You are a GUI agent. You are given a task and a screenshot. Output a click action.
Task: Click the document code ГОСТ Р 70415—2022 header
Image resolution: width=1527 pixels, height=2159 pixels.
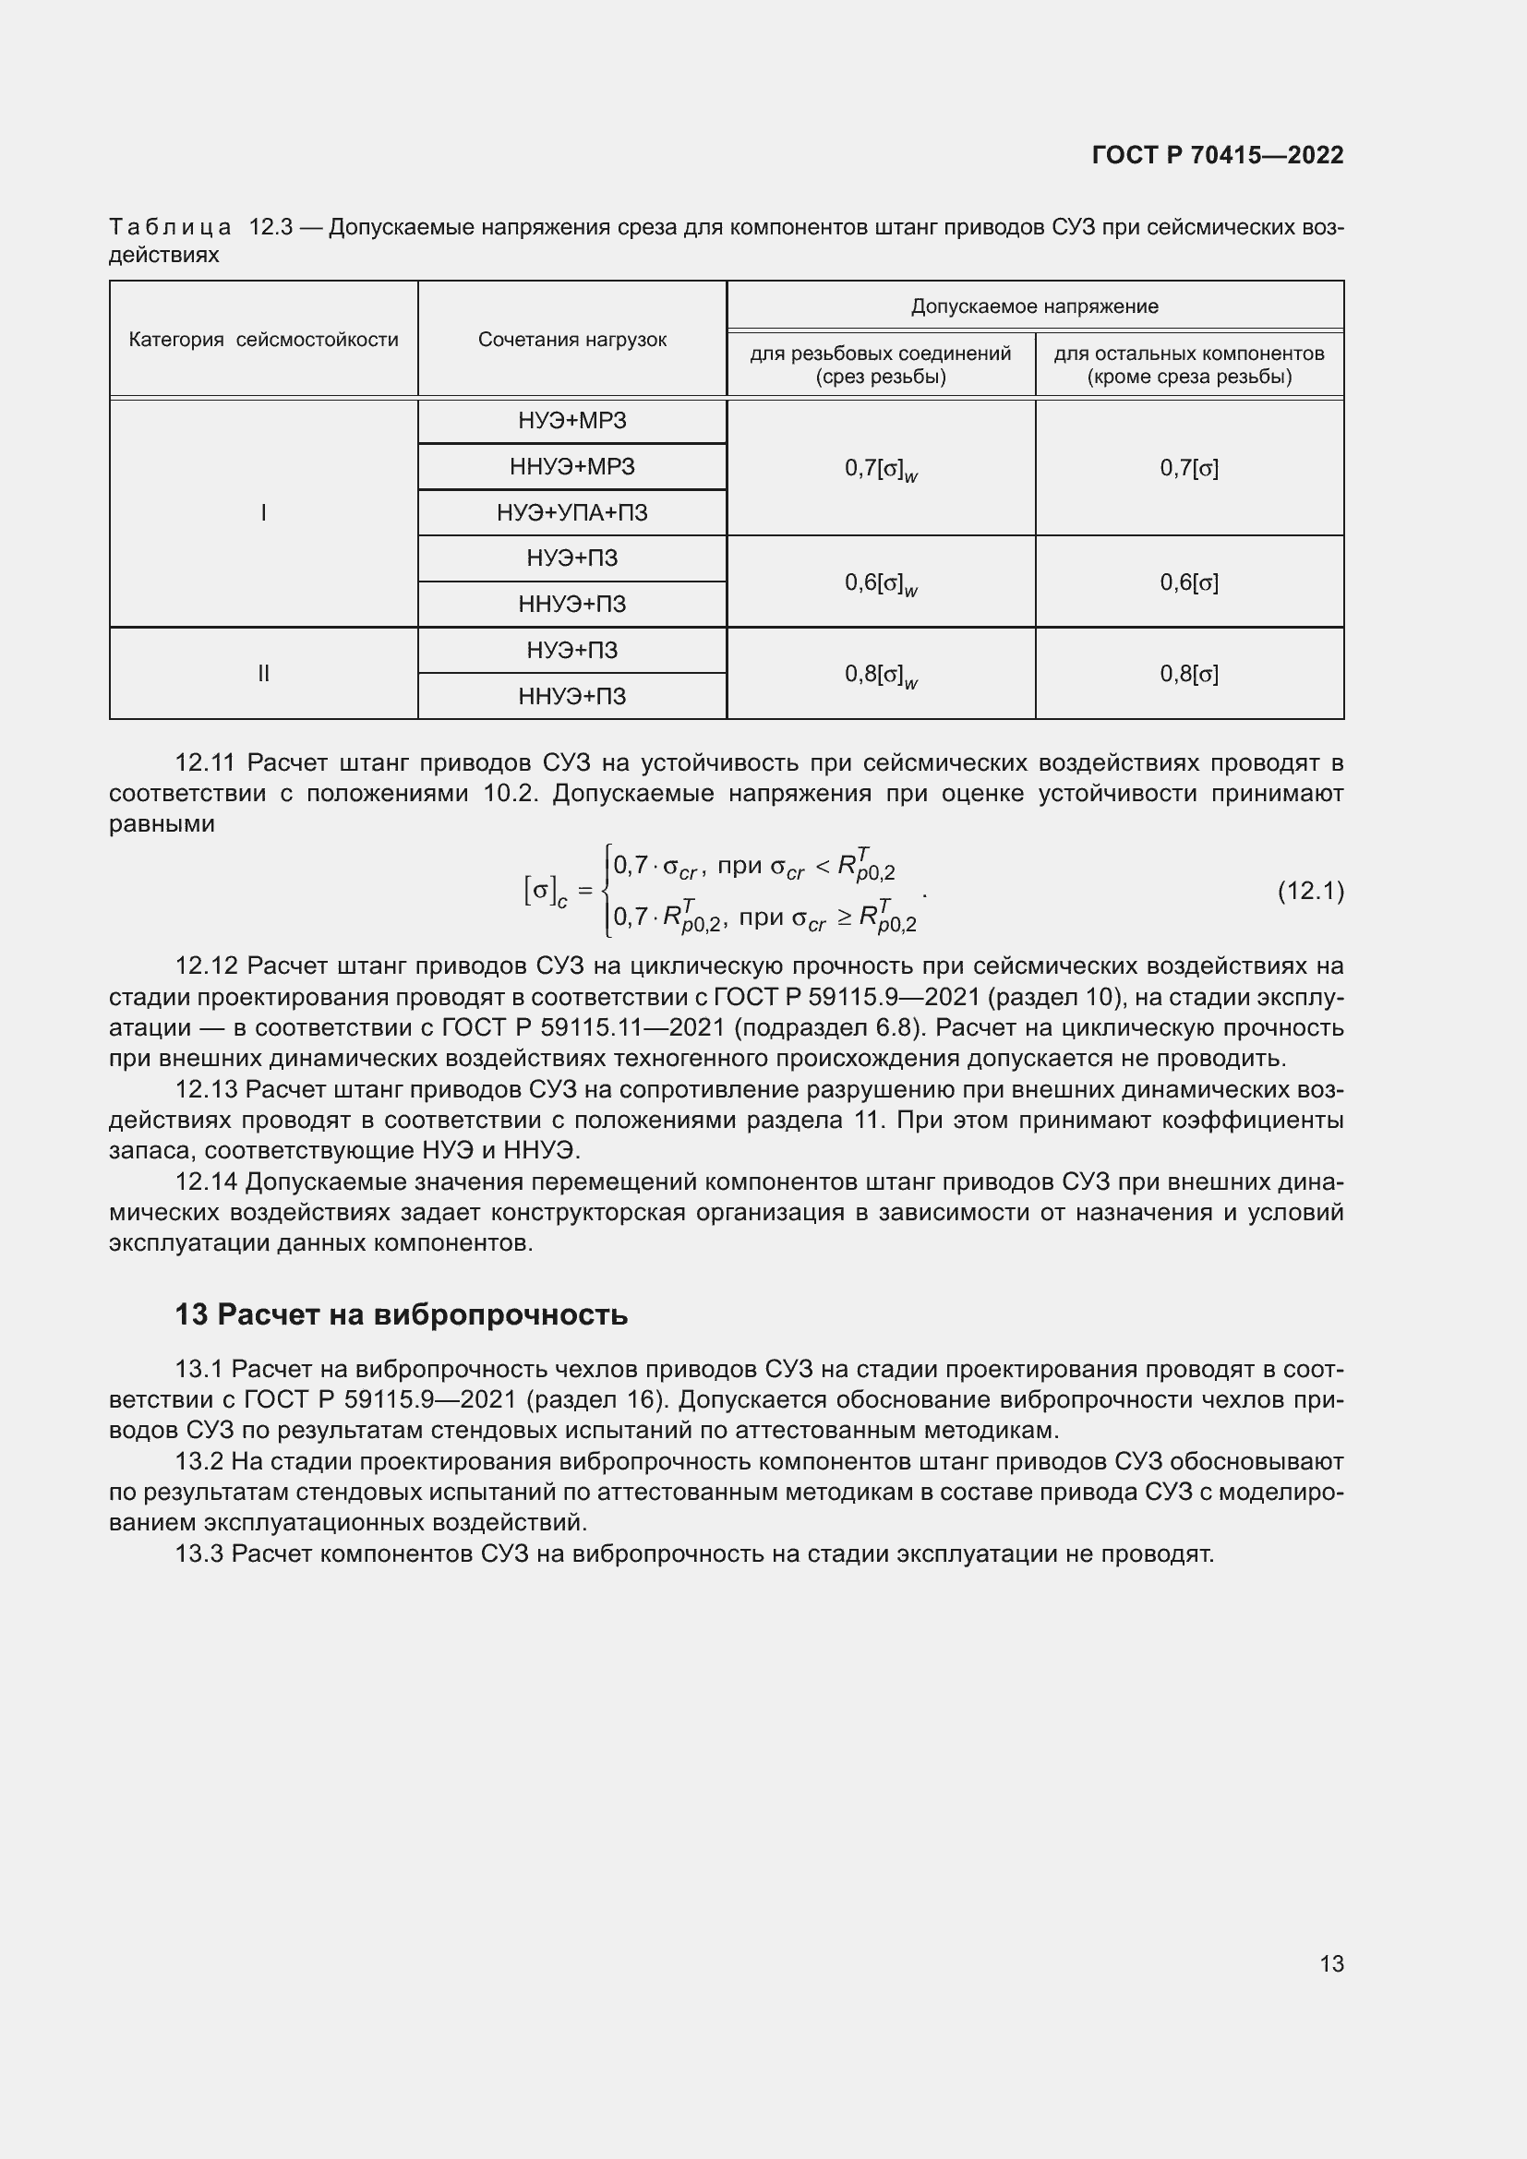(x=1217, y=155)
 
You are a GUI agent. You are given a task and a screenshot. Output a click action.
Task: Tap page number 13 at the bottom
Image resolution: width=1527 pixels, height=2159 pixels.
(x=1331, y=1963)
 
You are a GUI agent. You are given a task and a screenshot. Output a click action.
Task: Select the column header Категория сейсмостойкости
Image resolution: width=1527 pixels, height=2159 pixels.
(x=263, y=340)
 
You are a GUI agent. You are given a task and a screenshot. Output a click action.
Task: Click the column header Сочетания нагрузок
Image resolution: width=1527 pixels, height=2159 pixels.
(x=571, y=340)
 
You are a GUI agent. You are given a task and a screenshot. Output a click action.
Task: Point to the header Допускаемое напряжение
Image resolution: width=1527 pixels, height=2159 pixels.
(x=1034, y=306)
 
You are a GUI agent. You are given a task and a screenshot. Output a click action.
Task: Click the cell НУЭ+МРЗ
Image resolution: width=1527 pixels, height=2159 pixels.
(x=571, y=420)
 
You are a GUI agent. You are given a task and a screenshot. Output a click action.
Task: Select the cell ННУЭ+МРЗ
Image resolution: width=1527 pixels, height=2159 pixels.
(x=571, y=466)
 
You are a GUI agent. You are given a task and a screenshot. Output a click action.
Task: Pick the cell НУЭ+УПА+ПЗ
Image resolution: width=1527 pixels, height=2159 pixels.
(x=571, y=512)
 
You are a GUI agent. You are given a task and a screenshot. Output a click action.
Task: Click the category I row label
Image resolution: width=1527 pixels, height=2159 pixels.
(x=263, y=512)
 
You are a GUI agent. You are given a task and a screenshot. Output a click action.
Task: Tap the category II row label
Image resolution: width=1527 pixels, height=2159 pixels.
(x=263, y=673)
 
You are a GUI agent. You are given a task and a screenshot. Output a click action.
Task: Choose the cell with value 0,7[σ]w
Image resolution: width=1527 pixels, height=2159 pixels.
(x=881, y=468)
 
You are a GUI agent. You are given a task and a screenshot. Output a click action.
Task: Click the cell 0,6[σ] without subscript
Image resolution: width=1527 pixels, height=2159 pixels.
(x=1188, y=582)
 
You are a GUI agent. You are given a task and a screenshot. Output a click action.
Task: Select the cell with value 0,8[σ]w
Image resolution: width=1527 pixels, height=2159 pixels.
(x=881, y=674)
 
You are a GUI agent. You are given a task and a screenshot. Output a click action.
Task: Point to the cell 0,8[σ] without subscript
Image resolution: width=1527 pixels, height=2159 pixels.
(x=1188, y=673)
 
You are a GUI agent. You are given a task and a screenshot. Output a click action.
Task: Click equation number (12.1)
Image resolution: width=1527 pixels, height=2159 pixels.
(x=1310, y=891)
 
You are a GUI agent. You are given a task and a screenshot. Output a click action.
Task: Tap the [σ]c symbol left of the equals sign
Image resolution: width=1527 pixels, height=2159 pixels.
(x=546, y=891)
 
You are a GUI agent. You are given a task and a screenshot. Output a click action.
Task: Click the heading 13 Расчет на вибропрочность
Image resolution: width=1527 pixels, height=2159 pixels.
(x=401, y=1313)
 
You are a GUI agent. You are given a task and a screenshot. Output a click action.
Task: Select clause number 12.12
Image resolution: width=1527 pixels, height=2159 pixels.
(x=206, y=966)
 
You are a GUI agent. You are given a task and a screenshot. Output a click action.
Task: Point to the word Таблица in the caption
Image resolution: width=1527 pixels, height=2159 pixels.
(x=170, y=228)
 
